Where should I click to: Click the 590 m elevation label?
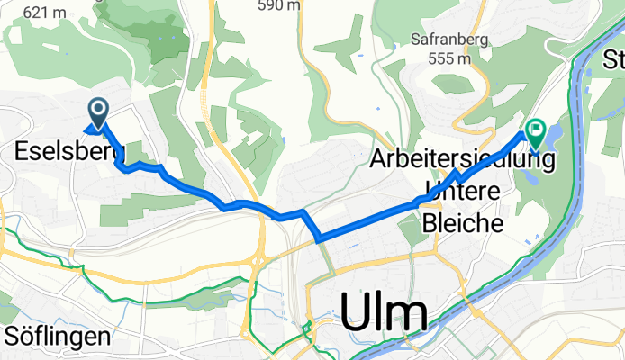pos(278,5)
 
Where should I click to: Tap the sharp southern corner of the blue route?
pos(319,238)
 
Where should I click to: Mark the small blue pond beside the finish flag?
pos(550,136)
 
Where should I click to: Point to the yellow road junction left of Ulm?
pos(258,261)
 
